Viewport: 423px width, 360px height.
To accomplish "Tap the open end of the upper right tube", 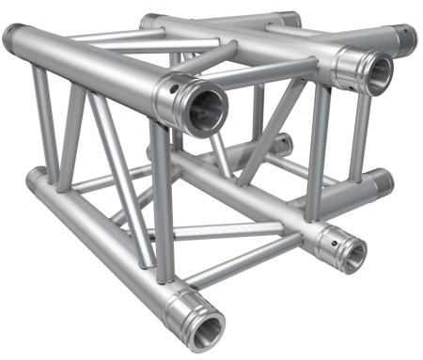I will pos(373,72).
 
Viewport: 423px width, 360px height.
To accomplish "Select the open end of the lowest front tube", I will pos(201,324).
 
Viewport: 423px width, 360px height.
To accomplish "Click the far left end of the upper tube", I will pos(13,39).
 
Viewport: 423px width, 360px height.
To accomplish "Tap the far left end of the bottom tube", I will pos(34,179).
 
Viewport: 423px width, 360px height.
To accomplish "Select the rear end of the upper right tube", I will pos(406,38).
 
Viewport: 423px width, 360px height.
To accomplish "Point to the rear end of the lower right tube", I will pos(378,180).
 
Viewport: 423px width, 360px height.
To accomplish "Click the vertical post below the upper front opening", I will pos(162,207).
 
